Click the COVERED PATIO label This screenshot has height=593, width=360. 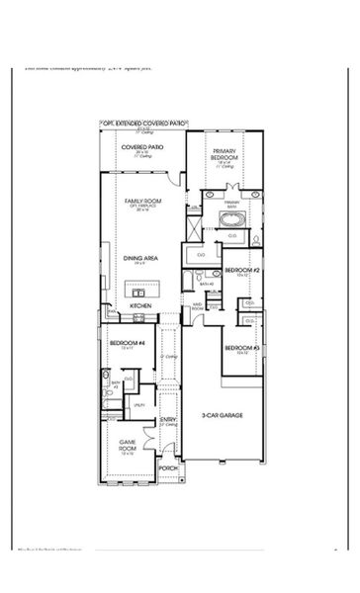coord(142,146)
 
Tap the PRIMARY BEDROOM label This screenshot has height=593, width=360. coord(225,156)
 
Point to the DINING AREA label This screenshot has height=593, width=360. coord(140,258)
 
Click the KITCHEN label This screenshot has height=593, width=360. coord(140,306)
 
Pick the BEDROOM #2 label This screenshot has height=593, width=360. coord(240,270)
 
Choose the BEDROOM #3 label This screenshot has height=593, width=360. coord(240,348)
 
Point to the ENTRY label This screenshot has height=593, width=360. coord(169,419)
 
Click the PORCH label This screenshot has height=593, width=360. coord(168,467)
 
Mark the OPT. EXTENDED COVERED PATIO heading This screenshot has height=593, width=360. coord(143,123)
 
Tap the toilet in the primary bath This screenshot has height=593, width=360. coord(256,238)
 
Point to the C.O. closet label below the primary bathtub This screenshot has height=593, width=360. coord(232,236)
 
